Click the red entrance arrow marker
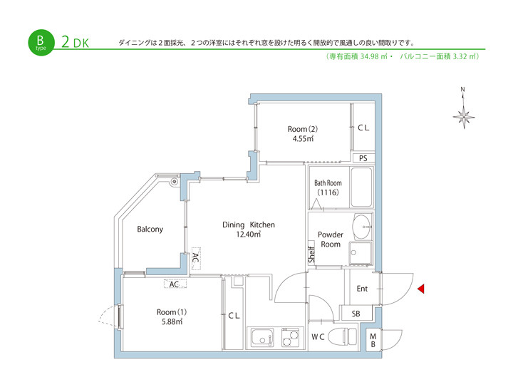421,289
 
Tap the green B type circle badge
41,43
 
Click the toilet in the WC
343,336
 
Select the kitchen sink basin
262,337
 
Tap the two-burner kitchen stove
290,337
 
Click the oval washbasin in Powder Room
362,226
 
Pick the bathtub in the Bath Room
361,187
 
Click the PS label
363,158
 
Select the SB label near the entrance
356,314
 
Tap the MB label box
373,340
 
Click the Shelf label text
311,255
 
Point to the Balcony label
150,229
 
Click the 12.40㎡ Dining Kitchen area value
249,234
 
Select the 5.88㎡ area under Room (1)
172,321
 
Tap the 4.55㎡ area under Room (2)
304,138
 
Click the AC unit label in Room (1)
175,284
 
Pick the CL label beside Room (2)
363,128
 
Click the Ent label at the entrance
362,289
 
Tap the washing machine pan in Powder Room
361,253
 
